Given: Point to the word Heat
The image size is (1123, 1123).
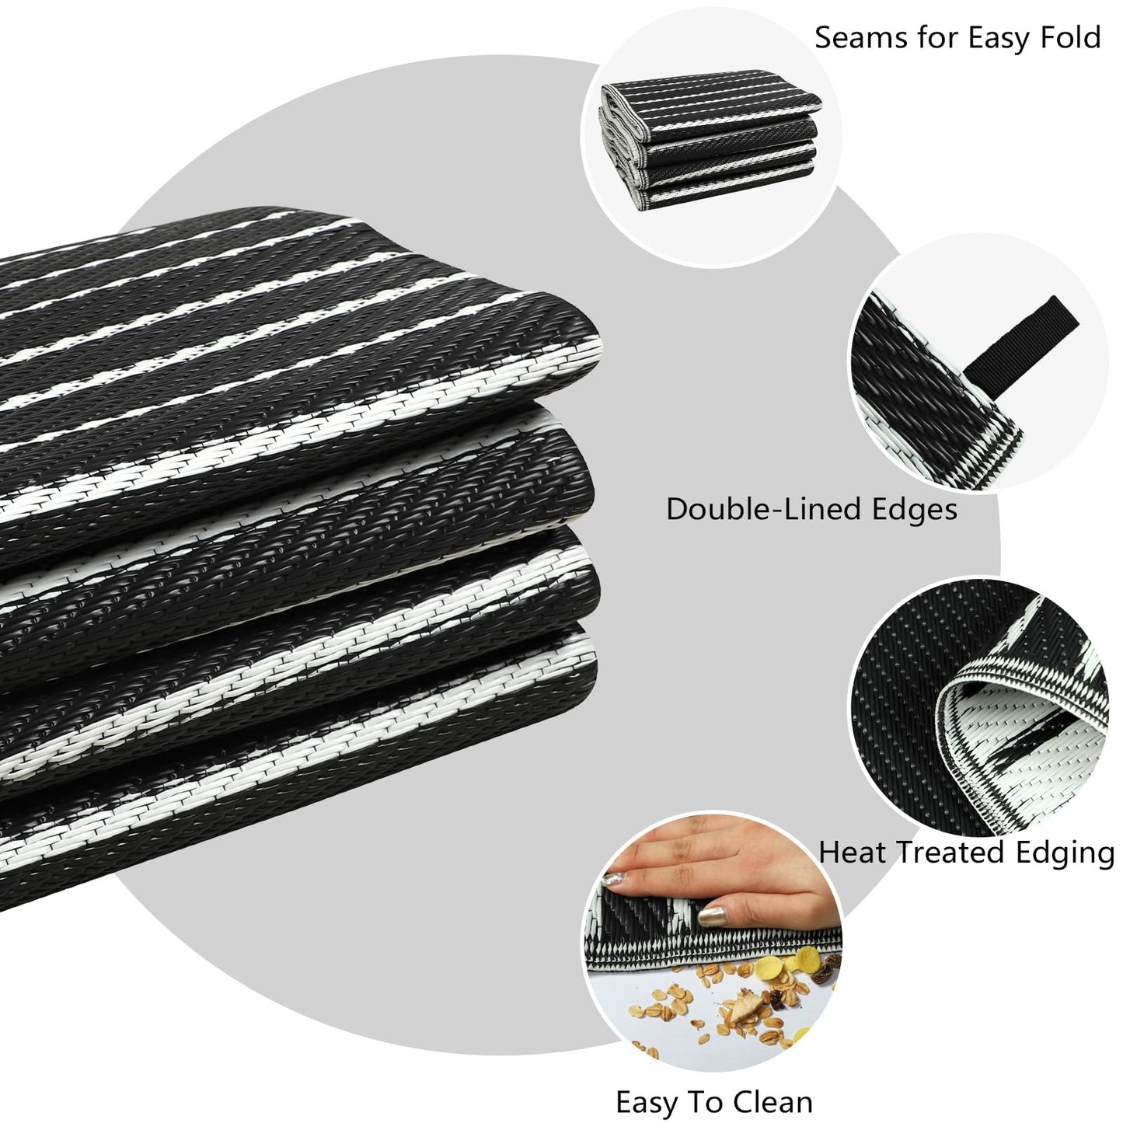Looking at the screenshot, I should pos(853,853).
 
